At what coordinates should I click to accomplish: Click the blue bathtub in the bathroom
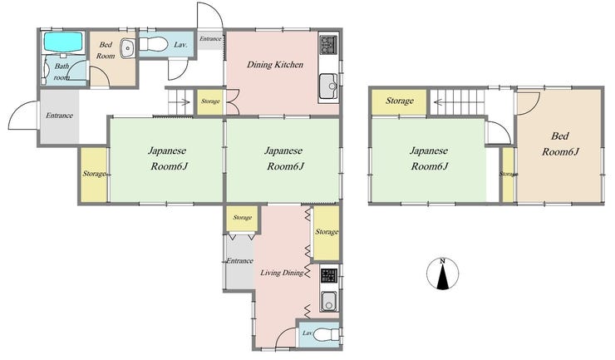click(x=63, y=42)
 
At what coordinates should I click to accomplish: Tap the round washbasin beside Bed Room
click(x=127, y=49)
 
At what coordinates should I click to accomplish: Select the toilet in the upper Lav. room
click(x=153, y=43)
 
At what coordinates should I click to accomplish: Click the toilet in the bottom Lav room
click(x=326, y=335)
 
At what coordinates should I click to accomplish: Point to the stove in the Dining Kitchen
click(x=328, y=45)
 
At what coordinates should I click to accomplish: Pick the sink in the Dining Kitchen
click(x=328, y=86)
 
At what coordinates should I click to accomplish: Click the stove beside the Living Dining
click(x=329, y=275)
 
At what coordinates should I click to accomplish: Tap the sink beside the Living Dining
click(x=328, y=302)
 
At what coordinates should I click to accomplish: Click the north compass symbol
click(x=442, y=274)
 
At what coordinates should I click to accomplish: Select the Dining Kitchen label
click(x=275, y=64)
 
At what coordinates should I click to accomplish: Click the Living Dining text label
click(x=282, y=273)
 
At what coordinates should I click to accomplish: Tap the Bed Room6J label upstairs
click(x=560, y=144)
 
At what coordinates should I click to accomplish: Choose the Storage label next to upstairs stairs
click(x=399, y=101)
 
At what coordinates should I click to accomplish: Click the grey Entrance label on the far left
click(x=59, y=116)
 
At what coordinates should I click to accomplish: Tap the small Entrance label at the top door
click(x=210, y=38)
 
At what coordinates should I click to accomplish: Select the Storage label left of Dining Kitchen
click(x=210, y=101)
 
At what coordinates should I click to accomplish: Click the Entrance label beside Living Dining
click(x=239, y=261)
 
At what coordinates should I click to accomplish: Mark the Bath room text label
click(x=61, y=72)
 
